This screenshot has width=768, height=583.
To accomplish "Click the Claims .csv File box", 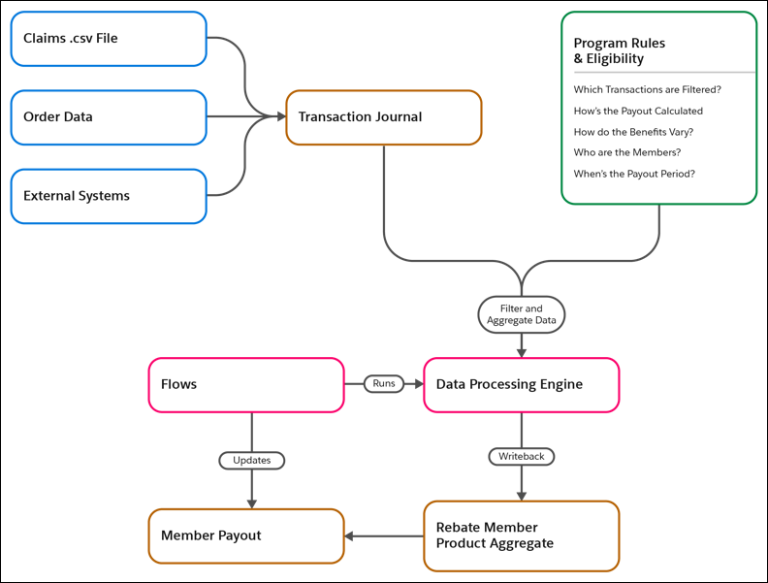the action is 109,39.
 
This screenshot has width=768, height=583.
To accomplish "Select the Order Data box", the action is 109,117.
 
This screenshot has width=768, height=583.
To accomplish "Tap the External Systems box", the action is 109,197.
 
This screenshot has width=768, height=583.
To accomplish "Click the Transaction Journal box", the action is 384,117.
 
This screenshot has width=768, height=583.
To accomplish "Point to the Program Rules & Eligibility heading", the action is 619,50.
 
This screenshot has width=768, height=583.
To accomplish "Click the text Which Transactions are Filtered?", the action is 647,89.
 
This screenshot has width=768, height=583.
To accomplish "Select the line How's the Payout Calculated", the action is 638,111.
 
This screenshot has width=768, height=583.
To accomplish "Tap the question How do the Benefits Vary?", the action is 633,132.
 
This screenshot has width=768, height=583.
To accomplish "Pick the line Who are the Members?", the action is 627,152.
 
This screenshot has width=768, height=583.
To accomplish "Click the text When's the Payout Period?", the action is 634,174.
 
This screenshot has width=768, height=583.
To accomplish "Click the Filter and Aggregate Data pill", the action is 521,314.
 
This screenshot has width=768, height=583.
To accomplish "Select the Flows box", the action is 246,385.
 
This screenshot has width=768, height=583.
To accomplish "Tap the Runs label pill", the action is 384,383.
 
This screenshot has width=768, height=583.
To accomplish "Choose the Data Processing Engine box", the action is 522,385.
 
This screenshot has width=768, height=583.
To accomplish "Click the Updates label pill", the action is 252,461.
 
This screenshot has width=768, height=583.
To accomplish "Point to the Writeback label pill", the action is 522,457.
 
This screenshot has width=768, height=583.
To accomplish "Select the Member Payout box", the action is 246,536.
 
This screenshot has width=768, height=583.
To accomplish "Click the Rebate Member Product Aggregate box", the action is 522,536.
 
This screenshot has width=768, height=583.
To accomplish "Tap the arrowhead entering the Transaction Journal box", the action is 281,116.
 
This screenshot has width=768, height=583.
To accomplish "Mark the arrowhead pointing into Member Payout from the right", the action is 349,536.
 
